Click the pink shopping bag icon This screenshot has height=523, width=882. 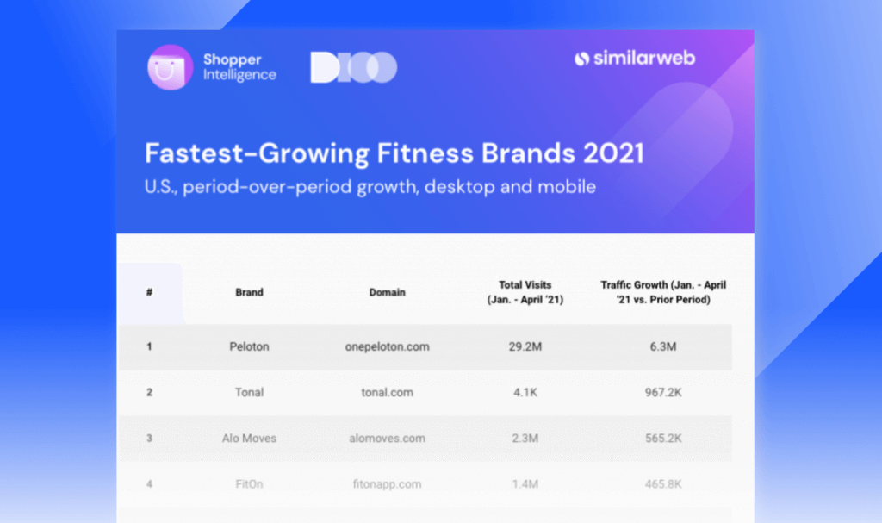(170, 67)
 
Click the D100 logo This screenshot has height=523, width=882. (354, 67)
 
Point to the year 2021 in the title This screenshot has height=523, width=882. (613, 153)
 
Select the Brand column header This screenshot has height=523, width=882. (249, 292)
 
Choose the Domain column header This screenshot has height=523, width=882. (387, 292)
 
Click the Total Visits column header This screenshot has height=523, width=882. (525, 292)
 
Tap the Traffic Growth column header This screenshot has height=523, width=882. (663, 292)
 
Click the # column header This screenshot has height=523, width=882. (149, 292)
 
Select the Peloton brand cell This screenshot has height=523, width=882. (249, 346)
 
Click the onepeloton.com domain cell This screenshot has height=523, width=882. (387, 346)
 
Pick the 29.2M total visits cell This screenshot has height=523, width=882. (525, 346)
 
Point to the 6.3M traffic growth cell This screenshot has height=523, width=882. (663, 346)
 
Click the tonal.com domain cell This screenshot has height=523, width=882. (387, 392)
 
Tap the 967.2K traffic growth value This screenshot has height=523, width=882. (663, 392)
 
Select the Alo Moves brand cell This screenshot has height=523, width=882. (249, 438)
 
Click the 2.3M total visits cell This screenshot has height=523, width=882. (525, 438)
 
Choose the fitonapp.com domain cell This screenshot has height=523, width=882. (387, 484)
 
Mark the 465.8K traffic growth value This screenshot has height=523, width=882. (663, 484)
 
